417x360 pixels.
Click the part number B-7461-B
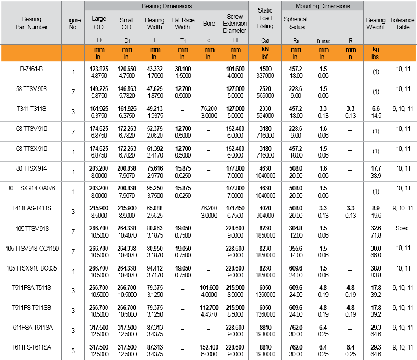[x=31, y=69]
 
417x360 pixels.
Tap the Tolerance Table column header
[x=402, y=23]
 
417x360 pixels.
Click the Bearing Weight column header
[x=375, y=23]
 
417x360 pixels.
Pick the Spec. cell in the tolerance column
[x=402, y=229]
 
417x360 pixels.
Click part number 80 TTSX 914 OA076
[x=31, y=188]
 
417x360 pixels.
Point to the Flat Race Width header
[x=182, y=23]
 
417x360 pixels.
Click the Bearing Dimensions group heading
[x=167, y=6]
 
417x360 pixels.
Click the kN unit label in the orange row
[x=265, y=48]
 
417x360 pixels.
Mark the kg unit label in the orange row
[x=375, y=48]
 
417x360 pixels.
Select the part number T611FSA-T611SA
[x=31, y=327]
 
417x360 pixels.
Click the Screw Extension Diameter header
[x=234, y=23]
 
